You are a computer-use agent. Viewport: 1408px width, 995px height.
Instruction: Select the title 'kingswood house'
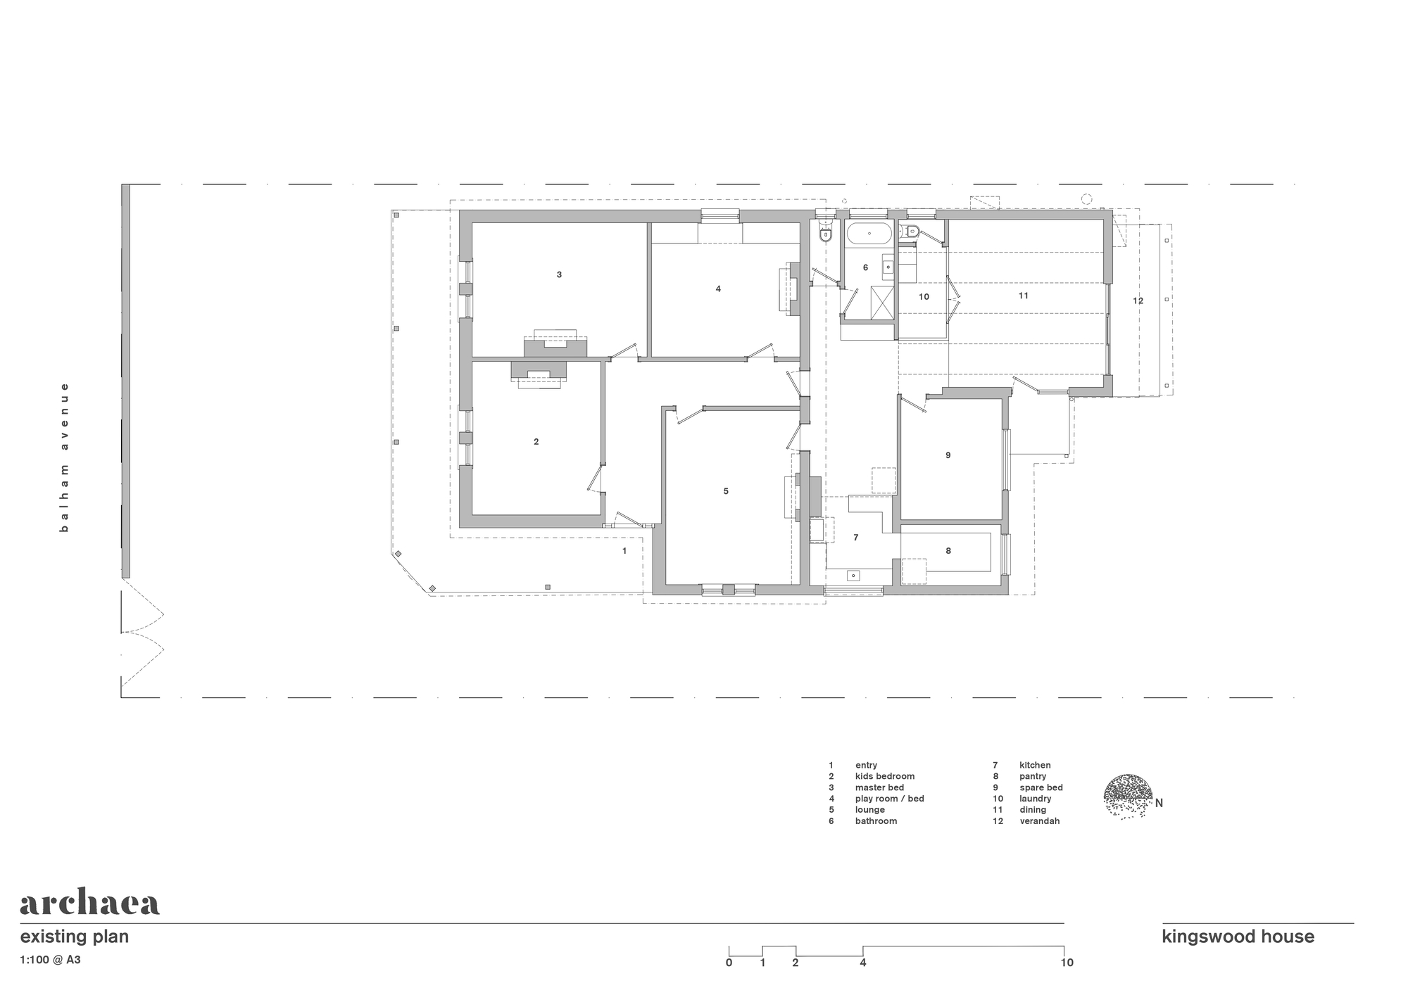click(x=1238, y=937)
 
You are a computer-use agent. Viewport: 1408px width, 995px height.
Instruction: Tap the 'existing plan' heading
click(x=74, y=937)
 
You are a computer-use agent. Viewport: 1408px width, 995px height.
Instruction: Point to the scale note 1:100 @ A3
click(x=50, y=959)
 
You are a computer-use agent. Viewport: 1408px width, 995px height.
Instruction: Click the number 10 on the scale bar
click(x=1067, y=963)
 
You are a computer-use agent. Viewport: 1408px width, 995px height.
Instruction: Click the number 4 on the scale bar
click(x=863, y=963)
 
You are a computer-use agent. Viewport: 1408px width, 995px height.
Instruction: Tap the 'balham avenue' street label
click(x=64, y=457)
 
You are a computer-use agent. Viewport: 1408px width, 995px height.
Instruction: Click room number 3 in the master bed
click(x=559, y=274)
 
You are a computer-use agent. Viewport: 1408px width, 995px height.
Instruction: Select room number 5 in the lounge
click(x=726, y=491)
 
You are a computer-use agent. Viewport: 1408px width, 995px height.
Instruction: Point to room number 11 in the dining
click(x=1024, y=296)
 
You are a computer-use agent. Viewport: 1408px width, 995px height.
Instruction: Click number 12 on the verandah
click(x=1138, y=300)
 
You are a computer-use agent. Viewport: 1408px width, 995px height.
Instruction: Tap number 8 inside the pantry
click(x=948, y=550)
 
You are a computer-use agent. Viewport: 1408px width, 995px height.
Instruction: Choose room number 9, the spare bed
click(x=948, y=455)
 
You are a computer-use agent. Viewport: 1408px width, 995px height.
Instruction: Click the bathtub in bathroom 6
click(x=869, y=234)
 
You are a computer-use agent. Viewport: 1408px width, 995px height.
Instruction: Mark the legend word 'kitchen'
click(x=1035, y=765)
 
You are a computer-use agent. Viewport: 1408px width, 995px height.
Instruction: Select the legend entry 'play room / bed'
click(x=889, y=799)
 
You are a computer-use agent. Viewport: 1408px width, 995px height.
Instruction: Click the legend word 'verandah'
click(x=1039, y=821)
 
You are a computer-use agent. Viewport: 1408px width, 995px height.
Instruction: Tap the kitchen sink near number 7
click(x=853, y=576)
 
